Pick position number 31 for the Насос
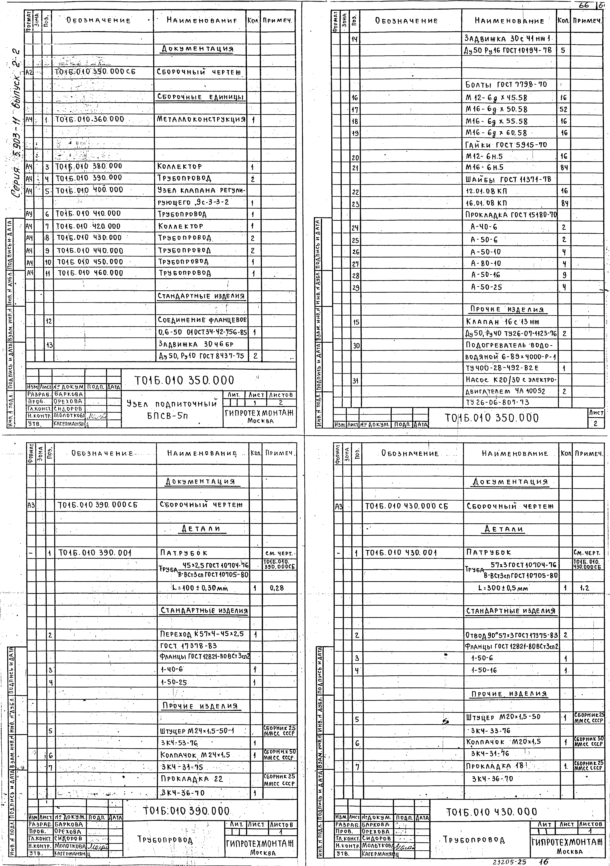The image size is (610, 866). (x=355, y=381)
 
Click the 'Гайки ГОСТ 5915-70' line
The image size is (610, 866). (x=506, y=145)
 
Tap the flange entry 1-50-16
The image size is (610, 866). (x=484, y=670)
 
